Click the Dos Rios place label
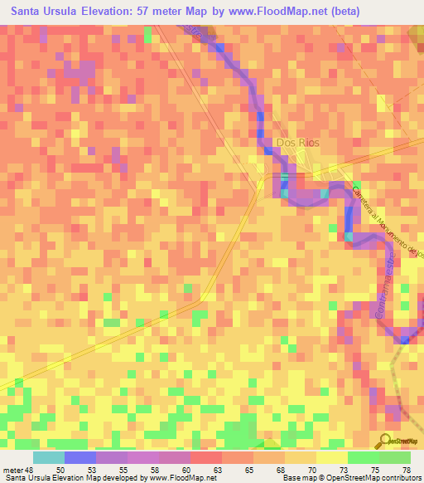click(x=297, y=142)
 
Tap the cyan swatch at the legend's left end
click(x=49, y=457)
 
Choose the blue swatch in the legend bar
click(x=80, y=457)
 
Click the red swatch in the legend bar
click(x=206, y=457)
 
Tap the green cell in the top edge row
click(x=147, y=32)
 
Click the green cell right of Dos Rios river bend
click(x=356, y=184)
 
